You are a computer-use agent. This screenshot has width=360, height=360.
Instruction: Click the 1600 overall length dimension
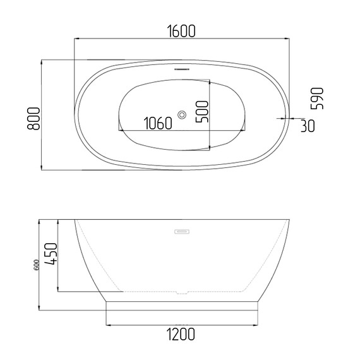tap(181, 31)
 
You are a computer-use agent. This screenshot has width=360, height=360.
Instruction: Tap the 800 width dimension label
tap(33, 119)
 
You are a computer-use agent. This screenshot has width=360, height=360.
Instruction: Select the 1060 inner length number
tap(158, 123)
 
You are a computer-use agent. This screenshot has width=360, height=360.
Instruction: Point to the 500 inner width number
tap(202, 112)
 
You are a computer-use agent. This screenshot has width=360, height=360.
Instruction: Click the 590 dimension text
tap(316, 99)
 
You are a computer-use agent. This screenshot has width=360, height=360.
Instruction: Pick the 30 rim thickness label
tap(308, 126)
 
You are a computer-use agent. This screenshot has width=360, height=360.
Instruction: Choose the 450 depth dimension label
tap(51, 254)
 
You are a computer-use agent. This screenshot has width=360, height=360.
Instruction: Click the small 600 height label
tap(37, 265)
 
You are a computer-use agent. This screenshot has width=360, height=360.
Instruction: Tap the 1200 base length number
tap(181, 335)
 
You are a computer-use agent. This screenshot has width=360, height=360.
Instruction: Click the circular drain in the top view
tap(182, 115)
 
